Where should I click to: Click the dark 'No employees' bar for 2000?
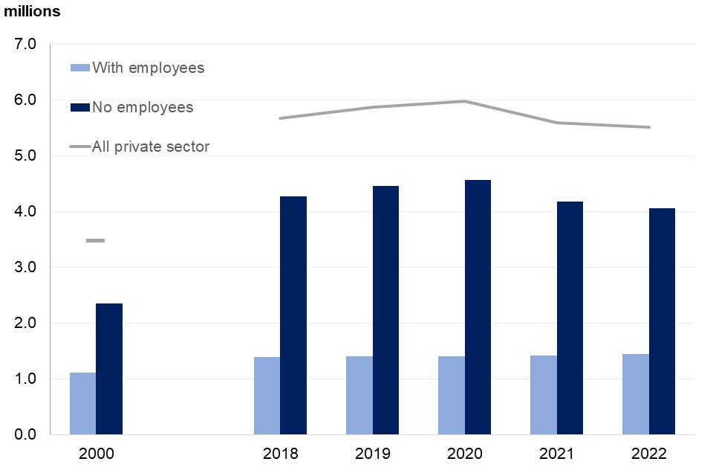[109, 368]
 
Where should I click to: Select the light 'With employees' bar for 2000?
[82, 403]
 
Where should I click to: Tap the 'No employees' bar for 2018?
[293, 315]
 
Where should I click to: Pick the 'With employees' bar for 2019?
[359, 395]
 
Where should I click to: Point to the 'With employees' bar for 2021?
[544, 395]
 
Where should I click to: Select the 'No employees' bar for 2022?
[662, 321]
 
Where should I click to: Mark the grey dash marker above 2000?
[95, 241]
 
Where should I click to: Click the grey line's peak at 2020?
[465, 101]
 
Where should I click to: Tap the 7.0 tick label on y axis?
[26, 44]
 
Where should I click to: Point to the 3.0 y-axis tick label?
[26, 267]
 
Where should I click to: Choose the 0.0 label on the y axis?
[26, 434]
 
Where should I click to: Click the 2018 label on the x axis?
[280, 454]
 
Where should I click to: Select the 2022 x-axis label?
[649, 454]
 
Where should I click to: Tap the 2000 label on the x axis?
[96, 454]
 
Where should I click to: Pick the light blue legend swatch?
[79, 68]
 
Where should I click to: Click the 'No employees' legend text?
[143, 107]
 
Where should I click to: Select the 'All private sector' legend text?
[151, 147]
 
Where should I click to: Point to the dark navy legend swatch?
[79, 107]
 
